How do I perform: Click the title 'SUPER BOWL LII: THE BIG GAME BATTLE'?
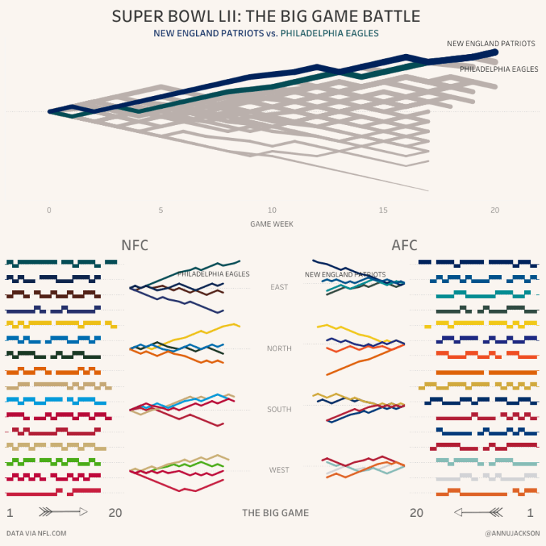point(266,16)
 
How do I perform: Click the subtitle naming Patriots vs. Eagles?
point(266,33)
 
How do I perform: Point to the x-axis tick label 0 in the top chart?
point(49,210)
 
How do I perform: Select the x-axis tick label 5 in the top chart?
point(161,210)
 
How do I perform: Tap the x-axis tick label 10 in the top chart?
point(272,210)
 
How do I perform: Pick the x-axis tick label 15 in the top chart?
point(383,210)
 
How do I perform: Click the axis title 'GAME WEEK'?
point(272,224)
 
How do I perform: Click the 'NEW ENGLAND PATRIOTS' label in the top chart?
point(491,44)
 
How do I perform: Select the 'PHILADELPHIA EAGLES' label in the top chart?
point(498,70)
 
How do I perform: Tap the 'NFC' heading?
point(135,245)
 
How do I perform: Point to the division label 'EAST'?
point(279,287)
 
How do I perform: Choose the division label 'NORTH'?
point(279,348)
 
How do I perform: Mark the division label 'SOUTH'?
point(279,409)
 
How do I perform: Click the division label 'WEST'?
point(279,470)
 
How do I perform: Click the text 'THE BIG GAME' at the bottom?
point(275,513)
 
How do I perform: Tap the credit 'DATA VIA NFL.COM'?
point(36,533)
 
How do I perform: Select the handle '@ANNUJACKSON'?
point(512,533)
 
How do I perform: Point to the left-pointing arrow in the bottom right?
point(478,512)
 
